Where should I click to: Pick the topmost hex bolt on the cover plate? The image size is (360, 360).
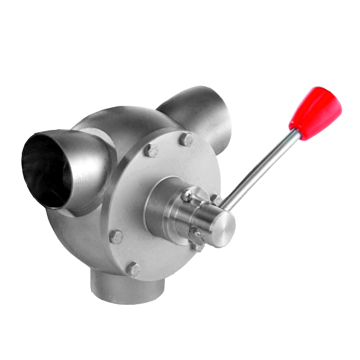click(x=186, y=139)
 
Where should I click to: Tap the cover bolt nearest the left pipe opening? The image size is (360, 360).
click(x=151, y=150)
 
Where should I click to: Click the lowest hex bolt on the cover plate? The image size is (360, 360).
click(x=133, y=269)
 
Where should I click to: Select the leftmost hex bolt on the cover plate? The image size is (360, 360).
click(x=116, y=237)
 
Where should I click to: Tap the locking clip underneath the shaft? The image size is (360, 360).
click(x=196, y=237)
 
